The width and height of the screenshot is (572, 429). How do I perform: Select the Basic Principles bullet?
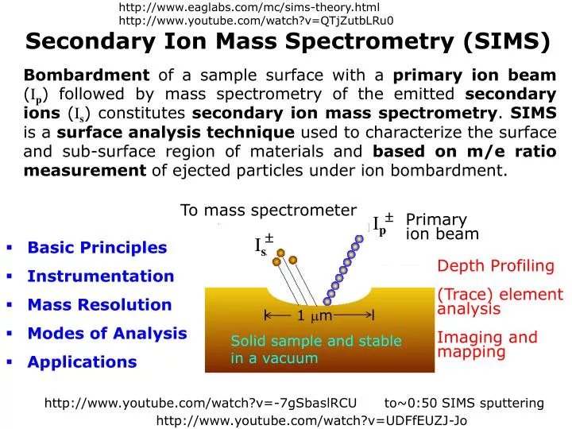pyautogui.click(x=97, y=248)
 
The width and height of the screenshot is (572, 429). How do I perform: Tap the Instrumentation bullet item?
pyautogui.click(x=100, y=276)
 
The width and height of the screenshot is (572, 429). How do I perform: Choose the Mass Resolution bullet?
pyautogui.click(x=99, y=305)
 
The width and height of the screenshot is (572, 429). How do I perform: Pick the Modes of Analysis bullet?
pyautogui.click(x=106, y=334)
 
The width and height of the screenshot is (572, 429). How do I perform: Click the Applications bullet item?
pyautogui.click(x=82, y=362)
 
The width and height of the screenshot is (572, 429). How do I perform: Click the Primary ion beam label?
pyautogui.click(x=442, y=226)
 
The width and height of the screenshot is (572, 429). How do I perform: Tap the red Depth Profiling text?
pyautogui.click(x=496, y=266)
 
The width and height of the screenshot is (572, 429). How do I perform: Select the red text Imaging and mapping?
pyautogui.click(x=487, y=344)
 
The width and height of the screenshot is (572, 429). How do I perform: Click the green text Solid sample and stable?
pyautogui.click(x=316, y=341)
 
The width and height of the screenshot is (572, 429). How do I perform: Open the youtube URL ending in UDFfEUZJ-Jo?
pyautogui.click(x=311, y=421)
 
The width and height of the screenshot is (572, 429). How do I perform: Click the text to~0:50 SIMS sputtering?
pyautogui.click(x=464, y=404)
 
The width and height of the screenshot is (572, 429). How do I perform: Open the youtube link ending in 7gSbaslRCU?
pyautogui.click(x=200, y=404)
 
